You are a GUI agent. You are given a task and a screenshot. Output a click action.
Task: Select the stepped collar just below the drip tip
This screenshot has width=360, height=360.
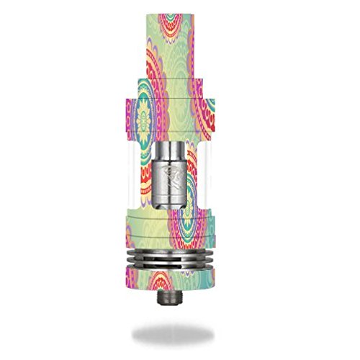click(180, 83)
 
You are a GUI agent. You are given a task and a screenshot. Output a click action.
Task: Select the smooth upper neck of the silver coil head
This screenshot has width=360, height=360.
click(180, 150)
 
